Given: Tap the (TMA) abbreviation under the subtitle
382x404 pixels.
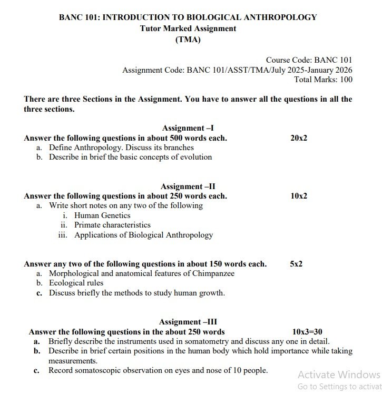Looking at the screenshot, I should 188,40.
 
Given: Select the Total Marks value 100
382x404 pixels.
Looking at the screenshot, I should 346,80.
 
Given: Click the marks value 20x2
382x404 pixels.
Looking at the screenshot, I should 299,138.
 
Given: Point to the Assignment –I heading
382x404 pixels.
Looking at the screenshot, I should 188,128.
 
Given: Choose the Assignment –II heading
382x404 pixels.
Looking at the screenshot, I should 188,186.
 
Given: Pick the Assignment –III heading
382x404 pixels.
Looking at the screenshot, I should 188,322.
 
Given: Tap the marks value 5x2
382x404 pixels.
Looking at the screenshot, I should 296,264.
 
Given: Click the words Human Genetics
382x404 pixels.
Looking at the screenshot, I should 102,215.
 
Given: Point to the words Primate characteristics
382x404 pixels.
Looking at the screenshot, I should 112,225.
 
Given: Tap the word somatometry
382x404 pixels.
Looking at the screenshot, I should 203,341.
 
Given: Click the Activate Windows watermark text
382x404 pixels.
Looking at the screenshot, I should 338,375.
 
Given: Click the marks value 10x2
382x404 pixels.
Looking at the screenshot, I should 299,196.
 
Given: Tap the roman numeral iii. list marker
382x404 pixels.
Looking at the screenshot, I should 63,235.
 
